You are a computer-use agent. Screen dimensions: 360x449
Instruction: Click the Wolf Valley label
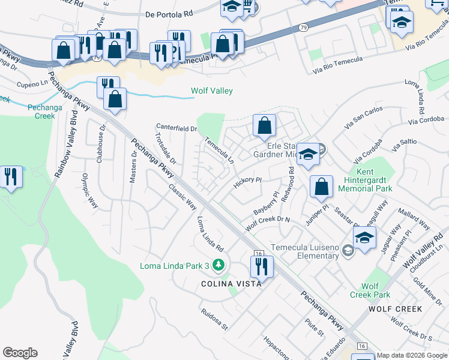pos(211,91)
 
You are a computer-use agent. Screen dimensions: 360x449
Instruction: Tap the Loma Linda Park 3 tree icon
pos(219,265)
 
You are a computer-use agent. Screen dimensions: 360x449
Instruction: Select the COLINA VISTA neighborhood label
pos(231,283)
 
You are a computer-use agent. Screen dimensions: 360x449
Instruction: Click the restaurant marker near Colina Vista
pos(262,266)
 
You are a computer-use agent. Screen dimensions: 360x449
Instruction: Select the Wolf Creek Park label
pos(370,290)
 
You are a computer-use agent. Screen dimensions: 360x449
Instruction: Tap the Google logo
pos(20,353)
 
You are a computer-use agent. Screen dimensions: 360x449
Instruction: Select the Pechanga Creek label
pos(41,112)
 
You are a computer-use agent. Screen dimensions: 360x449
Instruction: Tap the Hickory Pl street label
pos(248,182)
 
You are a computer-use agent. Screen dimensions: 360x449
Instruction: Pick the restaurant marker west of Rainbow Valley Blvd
pos(11,176)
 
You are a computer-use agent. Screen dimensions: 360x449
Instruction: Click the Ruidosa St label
pos(215,320)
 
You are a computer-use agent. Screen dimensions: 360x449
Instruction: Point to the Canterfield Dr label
pos(176,128)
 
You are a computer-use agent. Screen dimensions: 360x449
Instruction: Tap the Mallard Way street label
pos(413,220)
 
